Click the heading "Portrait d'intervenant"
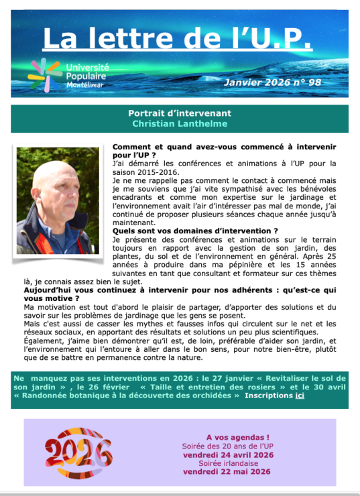[x=179, y=113]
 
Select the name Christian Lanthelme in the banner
[x=179, y=123]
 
